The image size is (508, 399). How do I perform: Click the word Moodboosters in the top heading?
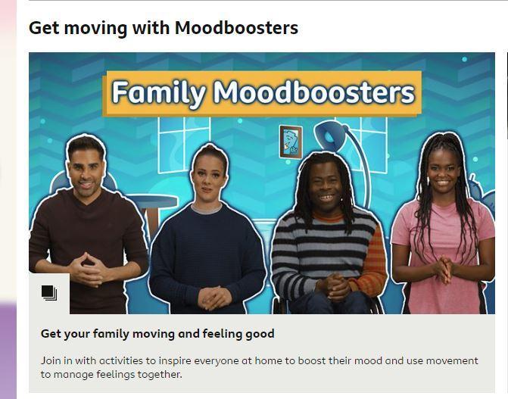point(236,27)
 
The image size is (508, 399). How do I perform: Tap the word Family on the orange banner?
point(158,93)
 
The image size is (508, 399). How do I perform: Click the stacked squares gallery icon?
point(49,293)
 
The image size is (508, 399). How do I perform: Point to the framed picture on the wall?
point(291,142)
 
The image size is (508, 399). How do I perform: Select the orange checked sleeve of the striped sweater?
point(372,257)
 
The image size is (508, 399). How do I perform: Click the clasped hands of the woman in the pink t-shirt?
point(444,270)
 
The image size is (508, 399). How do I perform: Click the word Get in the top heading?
point(44,28)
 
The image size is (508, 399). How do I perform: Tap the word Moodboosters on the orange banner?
point(313,93)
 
